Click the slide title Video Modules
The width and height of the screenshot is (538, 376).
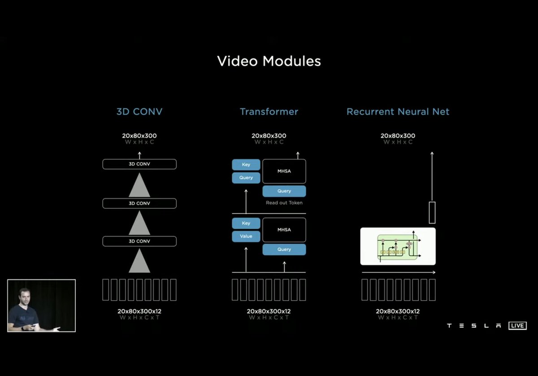click(269, 61)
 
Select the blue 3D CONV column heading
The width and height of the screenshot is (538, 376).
click(139, 111)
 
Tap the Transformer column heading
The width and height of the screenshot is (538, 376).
click(269, 111)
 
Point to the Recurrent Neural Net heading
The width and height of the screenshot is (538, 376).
click(398, 111)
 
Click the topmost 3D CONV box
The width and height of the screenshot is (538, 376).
click(139, 164)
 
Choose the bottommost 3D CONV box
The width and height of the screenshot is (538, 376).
click(139, 241)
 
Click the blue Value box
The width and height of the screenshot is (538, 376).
click(246, 236)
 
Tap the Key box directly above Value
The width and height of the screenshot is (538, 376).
click(246, 223)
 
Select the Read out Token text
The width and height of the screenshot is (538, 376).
click(284, 203)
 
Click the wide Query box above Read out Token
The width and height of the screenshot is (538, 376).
click(284, 191)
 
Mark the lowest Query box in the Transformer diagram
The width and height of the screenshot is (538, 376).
click(284, 249)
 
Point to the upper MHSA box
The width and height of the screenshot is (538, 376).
click(284, 171)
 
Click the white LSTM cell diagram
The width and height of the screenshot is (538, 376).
click(398, 246)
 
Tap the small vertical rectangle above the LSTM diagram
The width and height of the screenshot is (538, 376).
click(432, 213)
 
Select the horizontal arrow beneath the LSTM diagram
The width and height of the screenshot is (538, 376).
click(398, 272)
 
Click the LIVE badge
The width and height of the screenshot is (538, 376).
click(517, 326)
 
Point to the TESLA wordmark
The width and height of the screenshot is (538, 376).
click(474, 326)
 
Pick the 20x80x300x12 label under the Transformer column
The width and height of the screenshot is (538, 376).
click(269, 311)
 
